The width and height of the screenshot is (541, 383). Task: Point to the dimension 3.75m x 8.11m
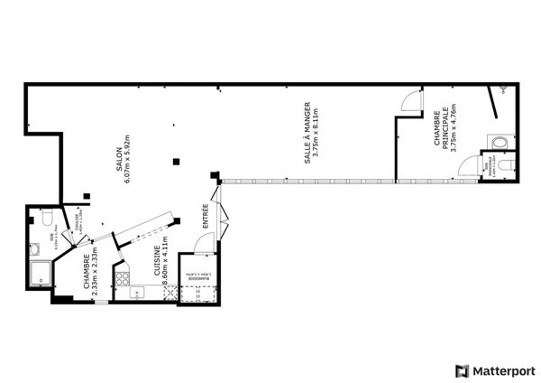pos(317,132)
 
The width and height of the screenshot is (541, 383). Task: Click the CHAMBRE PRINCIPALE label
pos(440,130)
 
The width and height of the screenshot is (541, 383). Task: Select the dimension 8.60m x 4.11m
pos(165,264)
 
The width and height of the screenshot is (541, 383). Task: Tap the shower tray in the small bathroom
pos(41,274)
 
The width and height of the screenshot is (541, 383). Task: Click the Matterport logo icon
pos(463,370)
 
